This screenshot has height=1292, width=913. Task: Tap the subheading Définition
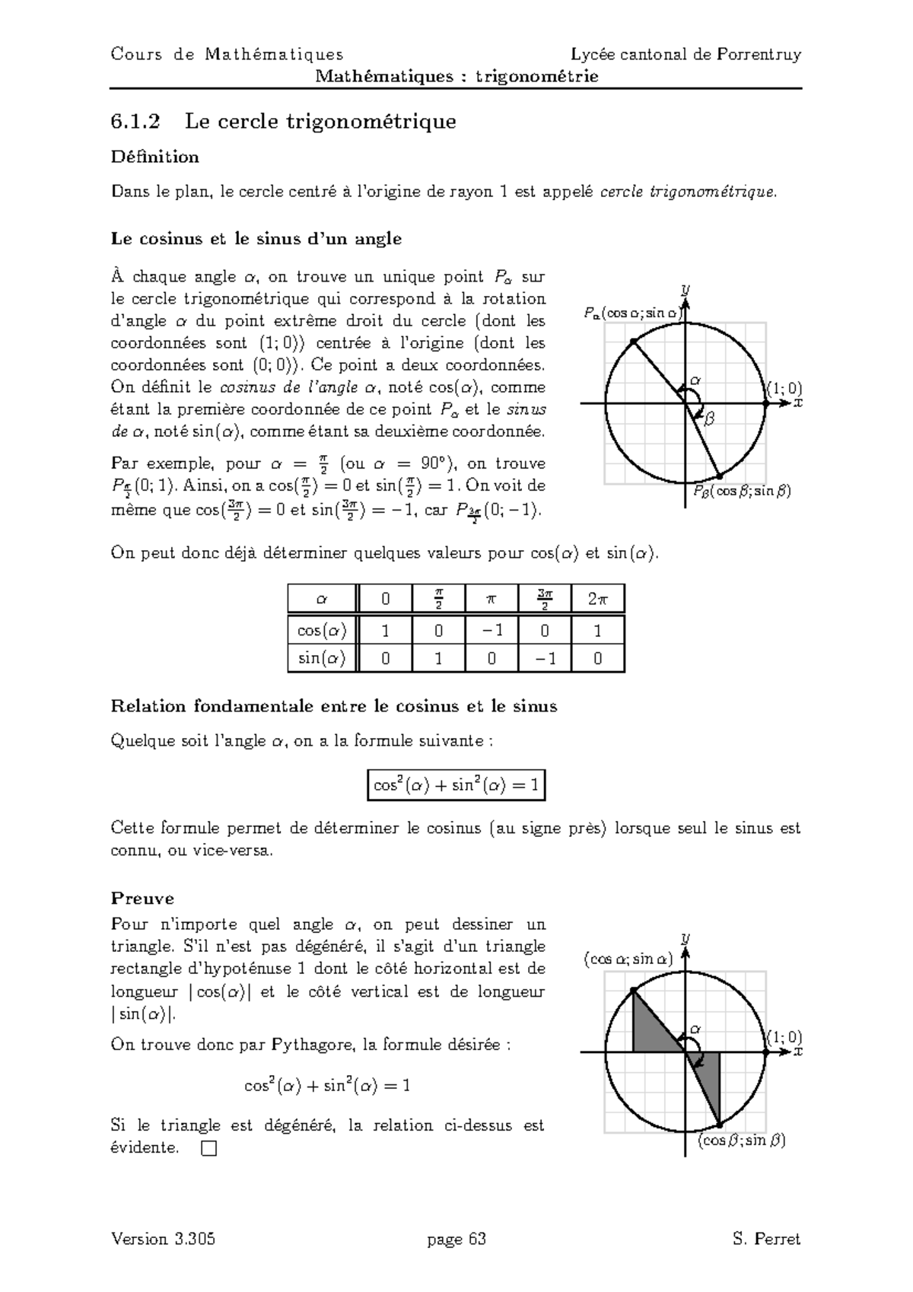(154, 158)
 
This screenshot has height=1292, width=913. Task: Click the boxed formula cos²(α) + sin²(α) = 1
(456, 785)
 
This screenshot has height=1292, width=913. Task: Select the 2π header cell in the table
(597, 599)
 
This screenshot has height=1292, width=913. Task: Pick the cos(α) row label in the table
(322, 630)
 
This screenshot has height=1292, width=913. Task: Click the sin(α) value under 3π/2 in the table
(545, 658)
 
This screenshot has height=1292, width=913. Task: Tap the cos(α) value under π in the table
(491, 630)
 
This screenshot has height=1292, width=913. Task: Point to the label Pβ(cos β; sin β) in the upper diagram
(741, 492)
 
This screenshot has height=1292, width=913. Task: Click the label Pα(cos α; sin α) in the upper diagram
(631, 312)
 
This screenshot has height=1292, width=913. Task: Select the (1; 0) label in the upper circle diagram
(784, 390)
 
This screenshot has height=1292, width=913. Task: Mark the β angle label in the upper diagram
(710, 418)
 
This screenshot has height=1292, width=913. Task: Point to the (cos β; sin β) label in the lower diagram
(741, 1140)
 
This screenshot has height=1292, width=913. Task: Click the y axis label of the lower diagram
(686, 938)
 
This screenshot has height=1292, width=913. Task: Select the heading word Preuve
(142, 899)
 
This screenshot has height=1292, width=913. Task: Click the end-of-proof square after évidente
(209, 1149)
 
